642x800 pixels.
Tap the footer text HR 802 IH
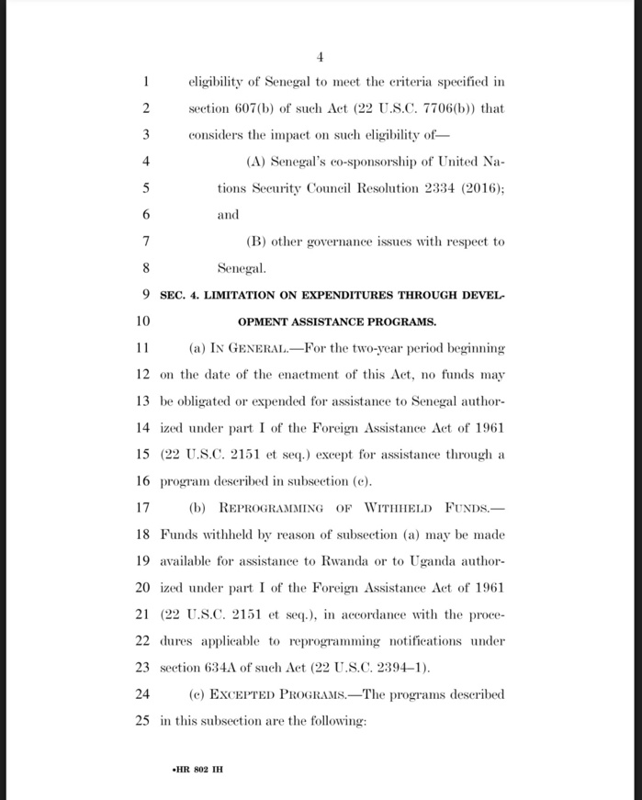click(190, 768)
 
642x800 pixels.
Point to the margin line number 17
click(141, 508)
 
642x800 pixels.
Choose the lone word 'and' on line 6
click(228, 214)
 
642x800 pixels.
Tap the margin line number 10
click(141, 321)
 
